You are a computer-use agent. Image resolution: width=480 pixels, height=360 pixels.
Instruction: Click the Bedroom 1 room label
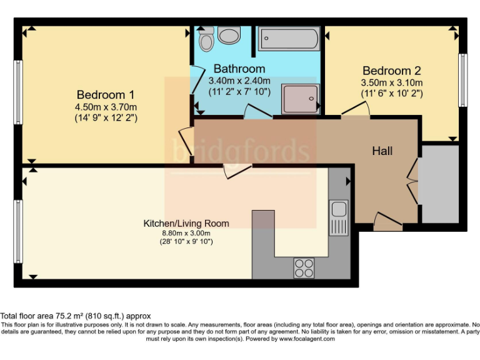106,95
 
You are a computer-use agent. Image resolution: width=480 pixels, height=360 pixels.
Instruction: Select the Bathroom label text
239,69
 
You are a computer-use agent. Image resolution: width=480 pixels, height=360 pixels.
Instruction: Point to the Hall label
382,151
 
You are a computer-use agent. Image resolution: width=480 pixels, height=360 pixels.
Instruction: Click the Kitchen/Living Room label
186,223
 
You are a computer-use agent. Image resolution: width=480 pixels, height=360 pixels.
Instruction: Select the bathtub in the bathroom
289,39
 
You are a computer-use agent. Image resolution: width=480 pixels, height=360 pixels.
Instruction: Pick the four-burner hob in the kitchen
304,267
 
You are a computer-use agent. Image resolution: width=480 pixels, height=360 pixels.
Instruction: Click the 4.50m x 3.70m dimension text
106,106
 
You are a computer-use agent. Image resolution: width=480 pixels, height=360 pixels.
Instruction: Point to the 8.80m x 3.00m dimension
186,233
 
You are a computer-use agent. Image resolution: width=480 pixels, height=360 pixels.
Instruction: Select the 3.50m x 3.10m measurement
392,82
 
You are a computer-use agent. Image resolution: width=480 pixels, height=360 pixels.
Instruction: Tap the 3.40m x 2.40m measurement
239,80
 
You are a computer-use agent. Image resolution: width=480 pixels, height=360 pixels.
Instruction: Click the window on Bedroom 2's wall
463,80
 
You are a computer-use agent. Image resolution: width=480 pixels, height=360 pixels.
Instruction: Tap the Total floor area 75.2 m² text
76,316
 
